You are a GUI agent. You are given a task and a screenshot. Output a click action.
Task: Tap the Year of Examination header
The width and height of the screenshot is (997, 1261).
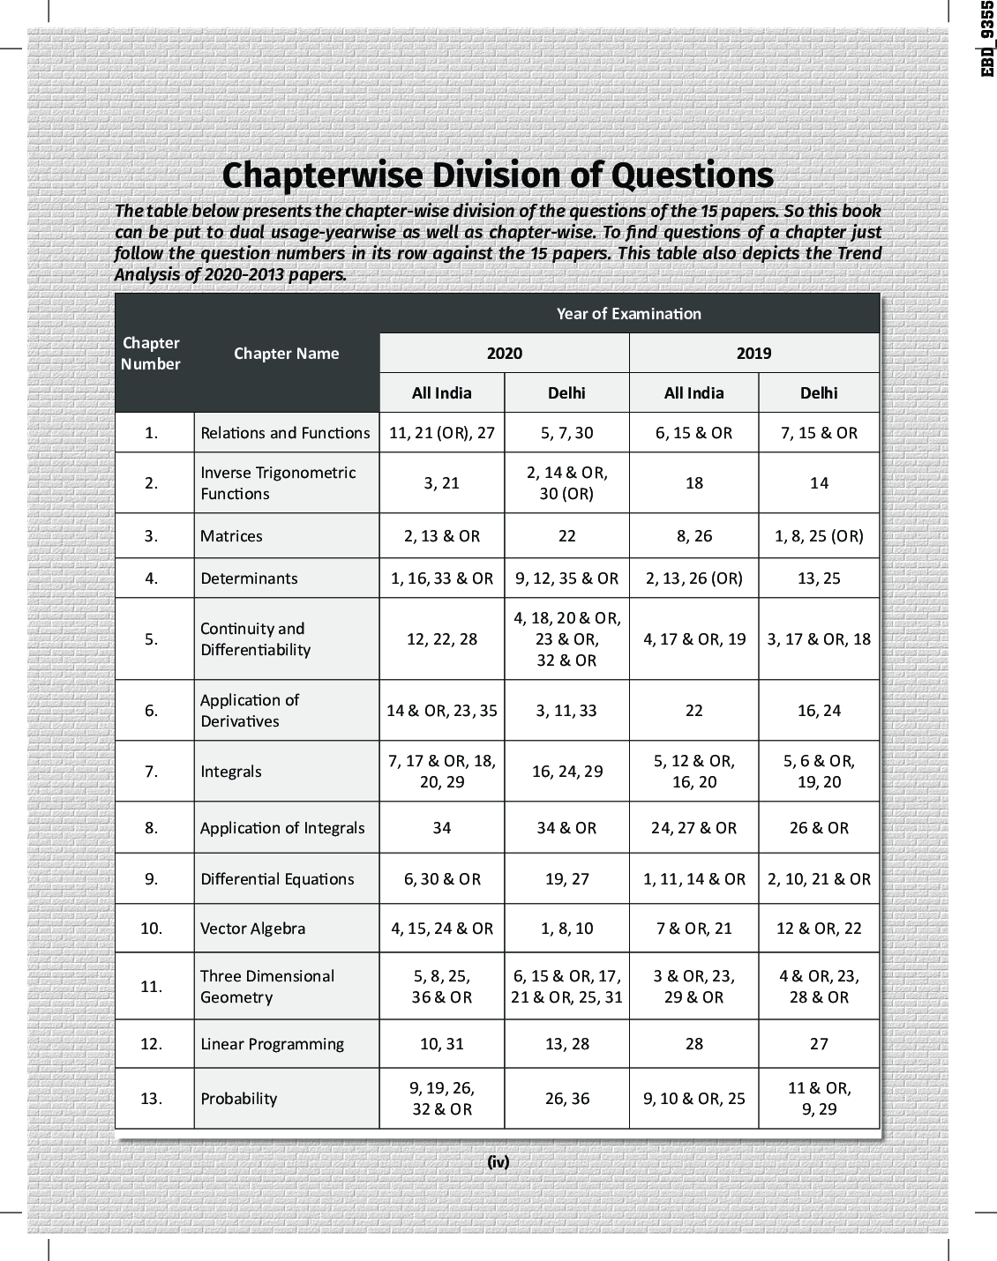point(628,314)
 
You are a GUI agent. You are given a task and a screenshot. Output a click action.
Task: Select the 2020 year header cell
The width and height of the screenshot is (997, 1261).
point(504,354)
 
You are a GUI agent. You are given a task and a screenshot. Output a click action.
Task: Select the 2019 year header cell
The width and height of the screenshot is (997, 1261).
point(753,354)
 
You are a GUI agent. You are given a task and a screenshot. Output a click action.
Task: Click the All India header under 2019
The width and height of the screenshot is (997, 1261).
point(693,393)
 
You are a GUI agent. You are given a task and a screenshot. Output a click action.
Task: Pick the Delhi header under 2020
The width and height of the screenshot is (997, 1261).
point(566,393)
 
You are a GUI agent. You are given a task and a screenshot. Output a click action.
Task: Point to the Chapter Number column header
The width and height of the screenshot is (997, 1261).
point(151,354)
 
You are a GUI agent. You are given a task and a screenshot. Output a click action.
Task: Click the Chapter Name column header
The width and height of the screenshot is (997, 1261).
point(286,354)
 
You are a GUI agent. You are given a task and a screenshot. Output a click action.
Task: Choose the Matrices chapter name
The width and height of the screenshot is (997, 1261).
point(231,536)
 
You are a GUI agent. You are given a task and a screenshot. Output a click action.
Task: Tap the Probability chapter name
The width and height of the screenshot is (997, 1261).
point(238,1099)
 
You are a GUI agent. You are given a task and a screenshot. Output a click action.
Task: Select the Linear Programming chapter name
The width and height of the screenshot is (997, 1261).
point(272,1044)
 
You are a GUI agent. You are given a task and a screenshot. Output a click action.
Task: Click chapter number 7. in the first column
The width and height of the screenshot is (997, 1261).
point(151,772)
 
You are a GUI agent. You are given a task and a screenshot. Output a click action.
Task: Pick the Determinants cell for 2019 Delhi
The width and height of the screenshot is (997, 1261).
point(819,578)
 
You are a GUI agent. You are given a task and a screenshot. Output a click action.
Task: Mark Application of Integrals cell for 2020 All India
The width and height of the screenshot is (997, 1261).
point(441,828)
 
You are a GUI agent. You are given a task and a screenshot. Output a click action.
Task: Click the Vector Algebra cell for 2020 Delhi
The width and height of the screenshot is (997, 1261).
point(566,929)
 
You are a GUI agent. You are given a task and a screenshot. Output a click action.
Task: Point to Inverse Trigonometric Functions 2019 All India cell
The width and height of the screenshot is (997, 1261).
point(693,483)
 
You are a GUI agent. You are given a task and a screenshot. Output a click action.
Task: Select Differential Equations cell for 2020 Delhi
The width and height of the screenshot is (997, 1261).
point(566,879)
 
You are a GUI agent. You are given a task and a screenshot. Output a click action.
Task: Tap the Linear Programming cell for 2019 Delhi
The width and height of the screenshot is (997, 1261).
point(819,1044)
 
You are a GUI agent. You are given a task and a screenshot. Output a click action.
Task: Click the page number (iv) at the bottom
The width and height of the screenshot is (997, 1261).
point(498,1162)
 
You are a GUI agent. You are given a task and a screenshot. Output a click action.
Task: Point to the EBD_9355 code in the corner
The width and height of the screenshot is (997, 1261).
point(987,40)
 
